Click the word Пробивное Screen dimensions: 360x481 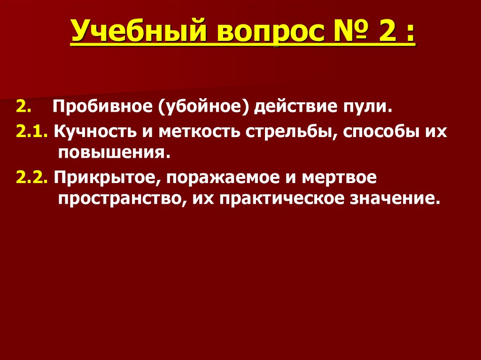click(101, 108)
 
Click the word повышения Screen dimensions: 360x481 click(113, 152)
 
